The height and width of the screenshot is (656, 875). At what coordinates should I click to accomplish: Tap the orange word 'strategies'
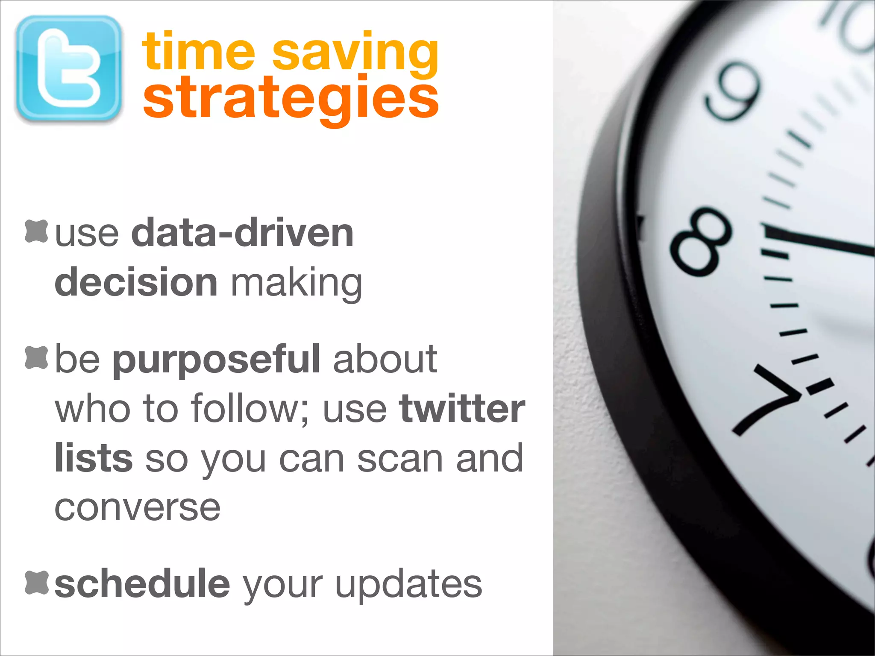click(291, 98)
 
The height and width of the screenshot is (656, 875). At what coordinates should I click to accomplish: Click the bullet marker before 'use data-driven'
click(36, 231)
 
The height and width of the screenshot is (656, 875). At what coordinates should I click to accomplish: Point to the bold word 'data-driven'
click(242, 233)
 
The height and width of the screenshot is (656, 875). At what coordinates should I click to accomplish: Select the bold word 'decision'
click(136, 282)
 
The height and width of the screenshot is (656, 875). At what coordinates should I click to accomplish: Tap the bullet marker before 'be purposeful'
click(36, 357)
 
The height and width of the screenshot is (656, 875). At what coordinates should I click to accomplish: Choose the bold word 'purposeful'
click(216, 360)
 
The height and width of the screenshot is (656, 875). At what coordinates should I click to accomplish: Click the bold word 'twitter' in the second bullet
click(462, 409)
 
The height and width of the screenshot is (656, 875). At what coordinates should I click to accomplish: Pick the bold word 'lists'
click(94, 458)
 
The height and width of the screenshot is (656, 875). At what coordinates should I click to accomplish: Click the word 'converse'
click(138, 508)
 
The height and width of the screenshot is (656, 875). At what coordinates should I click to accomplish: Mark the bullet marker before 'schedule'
click(36, 582)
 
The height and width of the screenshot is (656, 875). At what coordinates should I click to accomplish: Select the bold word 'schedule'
click(142, 584)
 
